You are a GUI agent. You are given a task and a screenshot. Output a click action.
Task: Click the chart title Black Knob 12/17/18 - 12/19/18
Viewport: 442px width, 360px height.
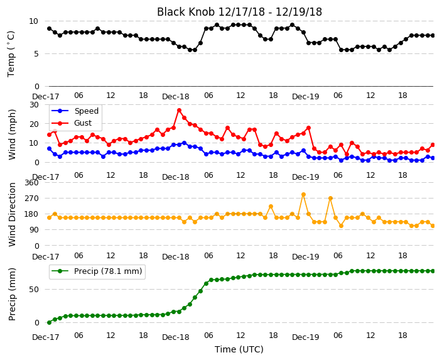point(239,12)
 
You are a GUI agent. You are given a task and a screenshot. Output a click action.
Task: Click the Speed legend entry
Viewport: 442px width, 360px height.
point(75,111)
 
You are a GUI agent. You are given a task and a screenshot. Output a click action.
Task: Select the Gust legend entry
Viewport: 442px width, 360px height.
point(72,123)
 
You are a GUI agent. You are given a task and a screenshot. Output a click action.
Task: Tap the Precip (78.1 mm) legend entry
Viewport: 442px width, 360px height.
point(97,271)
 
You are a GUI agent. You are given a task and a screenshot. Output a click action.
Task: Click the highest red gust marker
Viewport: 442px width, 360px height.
point(179,111)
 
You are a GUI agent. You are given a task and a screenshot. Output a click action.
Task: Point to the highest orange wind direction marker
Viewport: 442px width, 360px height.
point(303,194)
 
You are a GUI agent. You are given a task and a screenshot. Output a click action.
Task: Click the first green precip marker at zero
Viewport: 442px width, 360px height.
point(50,322)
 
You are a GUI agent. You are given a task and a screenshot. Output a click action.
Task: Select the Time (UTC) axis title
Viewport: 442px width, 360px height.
point(239,349)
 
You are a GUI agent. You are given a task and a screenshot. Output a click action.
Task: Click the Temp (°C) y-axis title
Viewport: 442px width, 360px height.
point(11,54)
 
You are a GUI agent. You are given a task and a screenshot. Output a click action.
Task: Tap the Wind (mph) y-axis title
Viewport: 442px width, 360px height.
point(11,134)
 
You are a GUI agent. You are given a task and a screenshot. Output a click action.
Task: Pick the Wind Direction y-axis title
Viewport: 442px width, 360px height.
point(11,214)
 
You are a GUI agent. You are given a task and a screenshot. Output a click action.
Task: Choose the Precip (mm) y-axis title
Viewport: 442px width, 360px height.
point(11,294)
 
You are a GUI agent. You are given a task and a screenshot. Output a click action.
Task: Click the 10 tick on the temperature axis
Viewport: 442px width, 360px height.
point(33,21)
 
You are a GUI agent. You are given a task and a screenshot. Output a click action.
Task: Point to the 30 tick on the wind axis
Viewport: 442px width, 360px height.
point(34,105)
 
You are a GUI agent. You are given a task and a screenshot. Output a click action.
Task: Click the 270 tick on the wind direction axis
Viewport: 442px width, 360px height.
point(31,199)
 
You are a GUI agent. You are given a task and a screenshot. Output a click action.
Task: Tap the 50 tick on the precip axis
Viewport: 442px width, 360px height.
point(34,290)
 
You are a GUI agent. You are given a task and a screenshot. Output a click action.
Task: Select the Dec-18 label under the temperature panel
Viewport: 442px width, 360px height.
point(175,97)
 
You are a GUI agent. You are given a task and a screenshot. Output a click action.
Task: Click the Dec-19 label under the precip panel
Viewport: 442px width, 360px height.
point(305,337)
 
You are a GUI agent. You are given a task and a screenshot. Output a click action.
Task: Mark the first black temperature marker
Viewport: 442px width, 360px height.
point(50,29)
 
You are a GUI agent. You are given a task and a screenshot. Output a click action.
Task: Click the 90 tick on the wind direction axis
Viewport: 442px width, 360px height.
point(34,230)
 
